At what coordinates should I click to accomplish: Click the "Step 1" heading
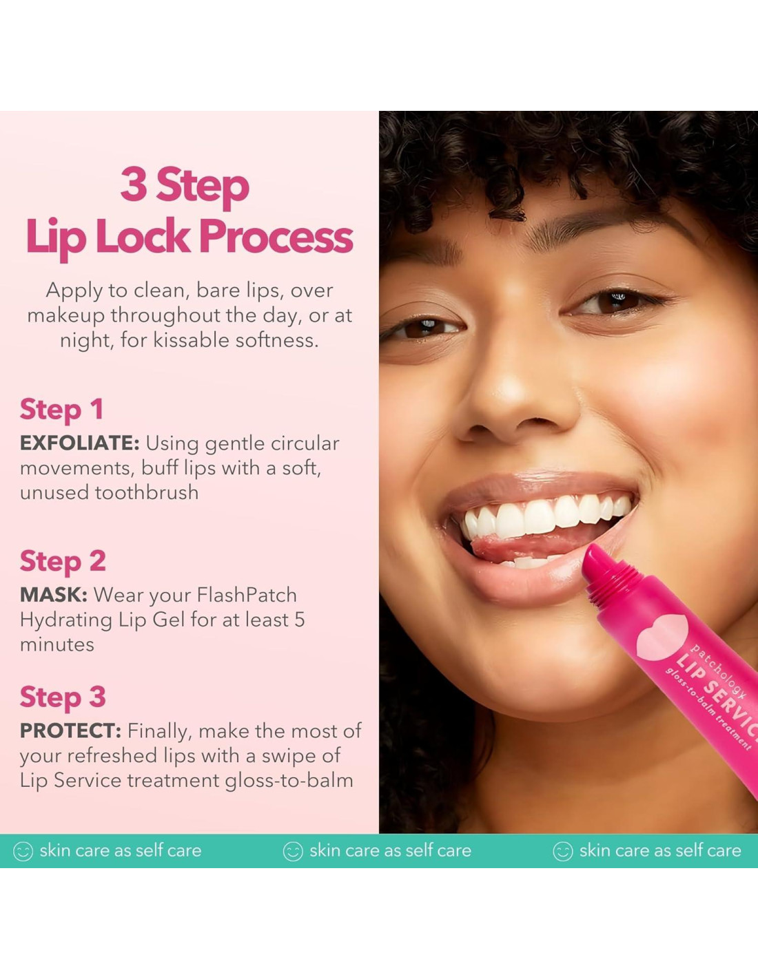pyautogui.click(x=62, y=409)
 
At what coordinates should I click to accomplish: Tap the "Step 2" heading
pyautogui.click(x=63, y=561)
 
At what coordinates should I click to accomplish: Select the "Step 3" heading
pyautogui.click(x=63, y=697)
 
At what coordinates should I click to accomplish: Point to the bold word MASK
pyautogui.click(x=54, y=595)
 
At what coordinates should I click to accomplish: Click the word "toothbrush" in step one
pyautogui.click(x=147, y=492)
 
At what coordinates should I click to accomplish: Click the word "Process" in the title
pyautogui.click(x=276, y=237)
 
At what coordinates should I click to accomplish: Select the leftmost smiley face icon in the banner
pyautogui.click(x=23, y=851)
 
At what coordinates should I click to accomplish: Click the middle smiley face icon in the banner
pyautogui.click(x=293, y=851)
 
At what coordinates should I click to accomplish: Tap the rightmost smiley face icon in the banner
pyautogui.click(x=563, y=851)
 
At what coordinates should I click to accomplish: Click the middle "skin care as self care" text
pyautogui.click(x=391, y=850)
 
